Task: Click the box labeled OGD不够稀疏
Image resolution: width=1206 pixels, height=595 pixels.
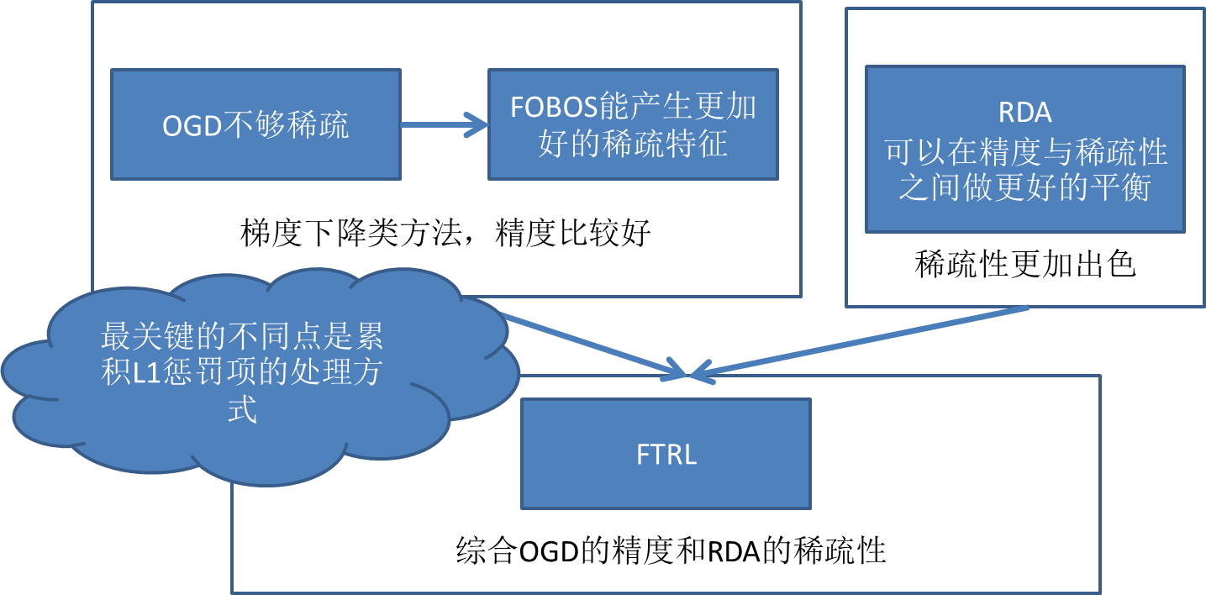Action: (x=255, y=124)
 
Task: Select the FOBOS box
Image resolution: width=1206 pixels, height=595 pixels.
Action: (x=633, y=124)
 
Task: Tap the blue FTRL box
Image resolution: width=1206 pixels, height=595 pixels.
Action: (x=666, y=454)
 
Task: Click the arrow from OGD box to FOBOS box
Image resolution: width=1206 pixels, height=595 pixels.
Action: (x=444, y=125)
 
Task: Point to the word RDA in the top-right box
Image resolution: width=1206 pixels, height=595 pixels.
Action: (x=1024, y=113)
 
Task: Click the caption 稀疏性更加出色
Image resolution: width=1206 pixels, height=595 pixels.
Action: (x=1024, y=266)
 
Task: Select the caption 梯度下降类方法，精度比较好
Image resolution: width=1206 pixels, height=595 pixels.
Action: (x=445, y=233)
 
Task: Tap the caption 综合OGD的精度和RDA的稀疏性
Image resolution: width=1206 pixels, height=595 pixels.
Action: (x=671, y=552)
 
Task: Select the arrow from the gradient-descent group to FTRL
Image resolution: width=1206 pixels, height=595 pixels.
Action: (x=597, y=345)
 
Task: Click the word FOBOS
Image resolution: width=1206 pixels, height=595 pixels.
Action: (x=554, y=108)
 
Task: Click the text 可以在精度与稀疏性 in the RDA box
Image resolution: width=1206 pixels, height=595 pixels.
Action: (x=1024, y=152)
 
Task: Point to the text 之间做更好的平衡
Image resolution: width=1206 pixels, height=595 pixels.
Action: (x=1024, y=188)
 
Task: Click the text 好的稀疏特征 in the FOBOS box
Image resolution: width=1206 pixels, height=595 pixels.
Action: (x=633, y=144)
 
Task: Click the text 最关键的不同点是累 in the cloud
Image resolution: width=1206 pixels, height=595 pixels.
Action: (x=242, y=337)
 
